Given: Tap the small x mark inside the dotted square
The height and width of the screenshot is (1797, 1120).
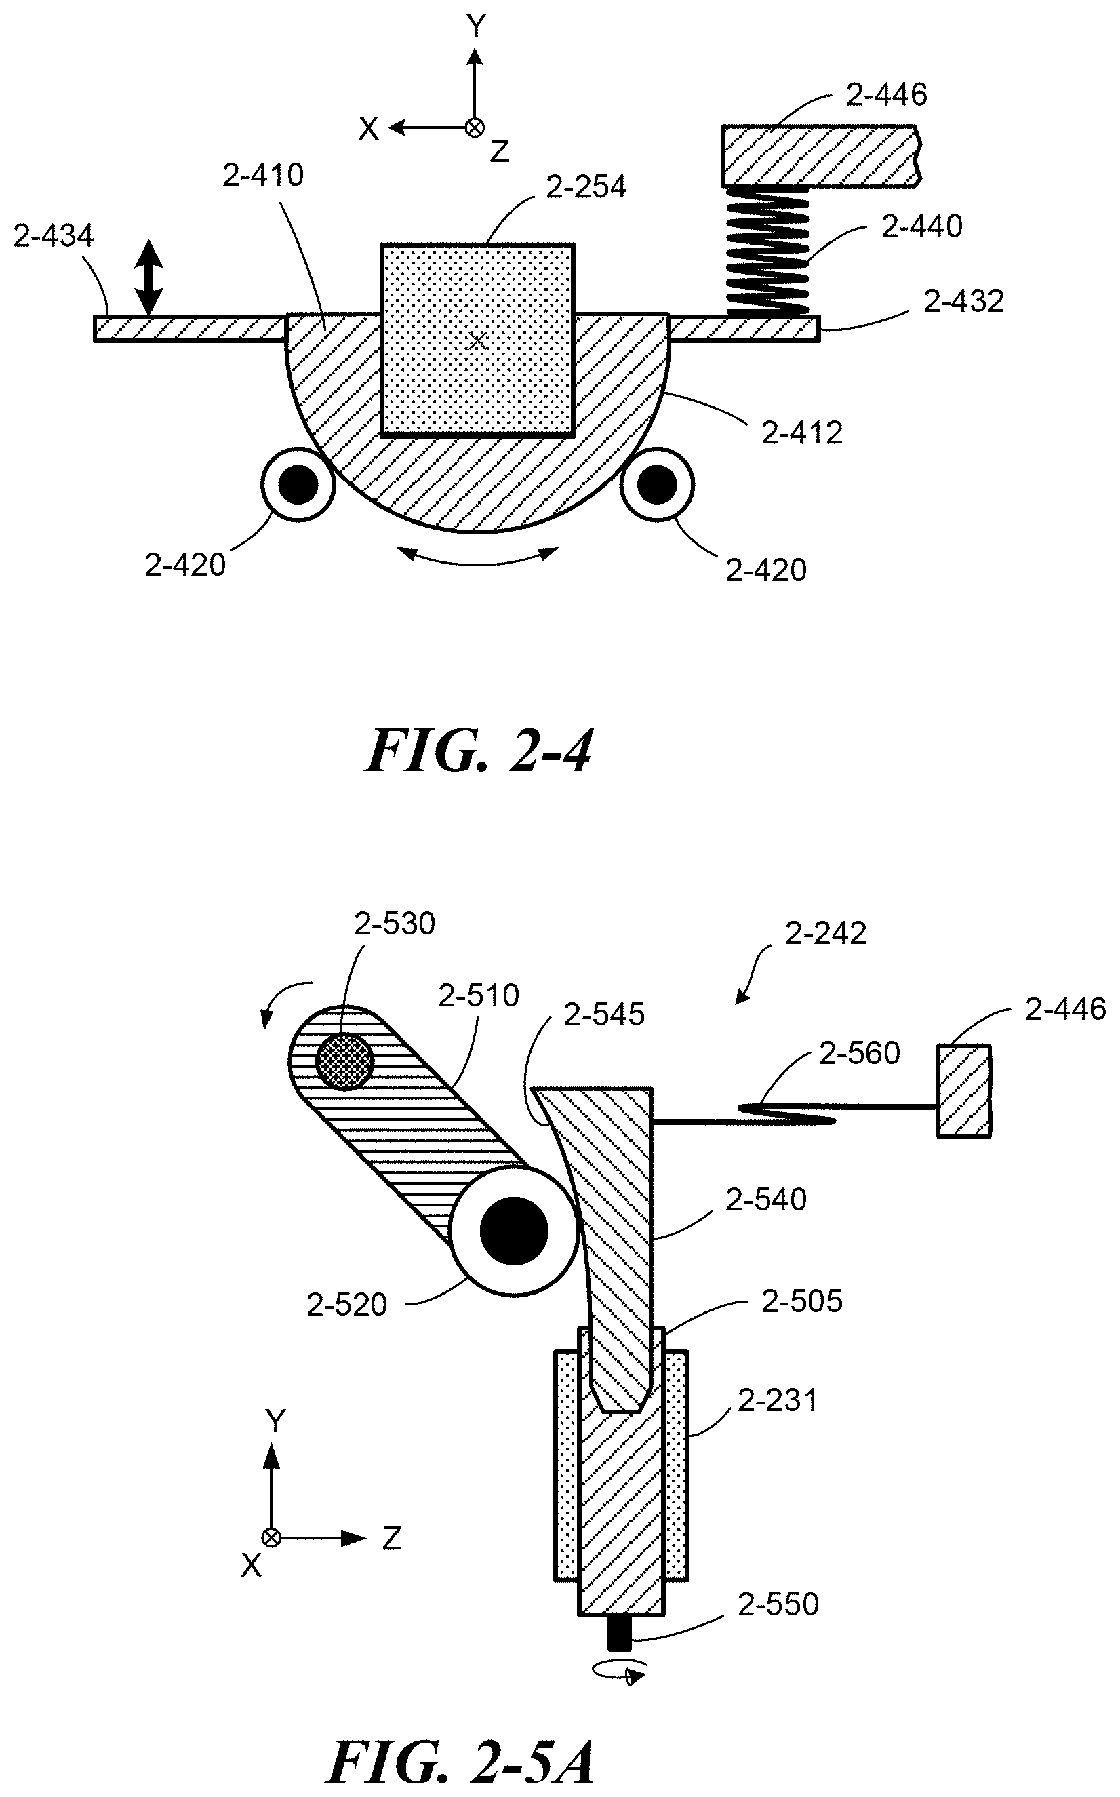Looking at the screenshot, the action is coord(478,340).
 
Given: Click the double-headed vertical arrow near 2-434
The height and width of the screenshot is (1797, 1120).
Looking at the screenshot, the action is coord(149,277).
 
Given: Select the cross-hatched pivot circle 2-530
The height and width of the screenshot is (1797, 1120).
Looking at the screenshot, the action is coord(344,1061).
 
